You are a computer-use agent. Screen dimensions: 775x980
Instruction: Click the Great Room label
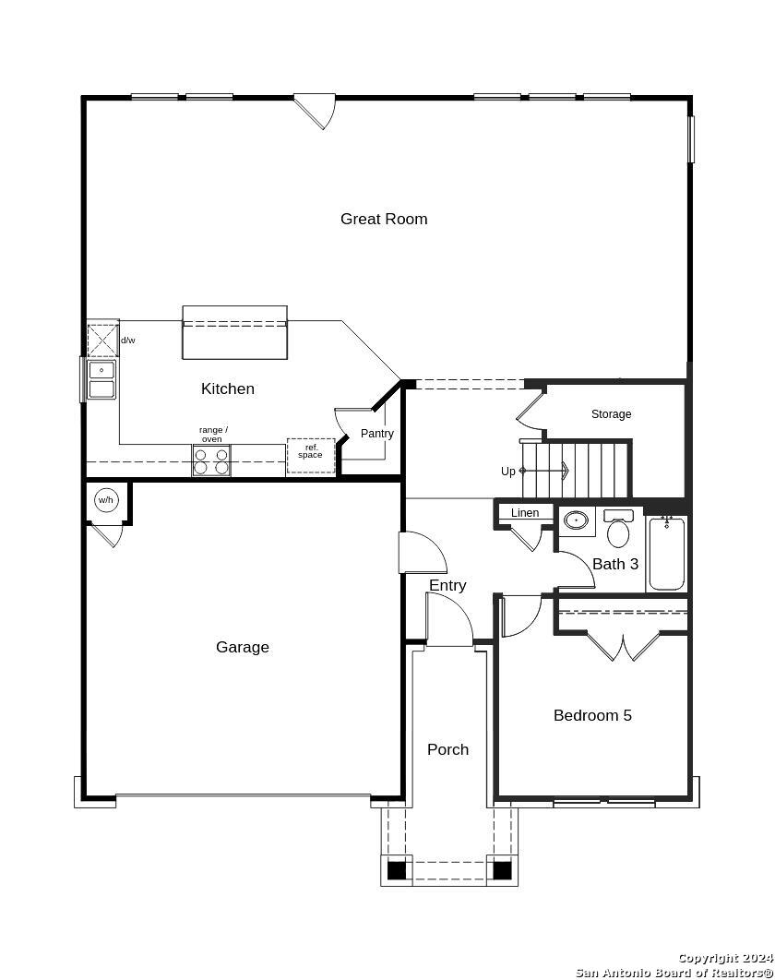[x=384, y=219]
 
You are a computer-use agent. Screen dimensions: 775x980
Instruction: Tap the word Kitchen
[x=228, y=388]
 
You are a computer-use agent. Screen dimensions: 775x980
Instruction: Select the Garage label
[x=243, y=647]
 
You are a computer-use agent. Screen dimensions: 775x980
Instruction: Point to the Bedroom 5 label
[x=592, y=715]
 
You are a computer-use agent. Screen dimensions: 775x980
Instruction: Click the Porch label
[x=448, y=749]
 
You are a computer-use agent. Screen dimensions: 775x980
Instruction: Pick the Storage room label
[x=612, y=413]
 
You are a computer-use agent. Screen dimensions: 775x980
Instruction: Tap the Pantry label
[x=376, y=433]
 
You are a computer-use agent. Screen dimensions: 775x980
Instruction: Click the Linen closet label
[x=525, y=512]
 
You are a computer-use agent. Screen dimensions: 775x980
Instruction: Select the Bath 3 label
[x=615, y=564]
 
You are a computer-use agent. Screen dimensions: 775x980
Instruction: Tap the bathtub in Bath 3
[x=667, y=553]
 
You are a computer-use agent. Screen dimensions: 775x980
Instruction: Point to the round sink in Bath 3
[x=576, y=520]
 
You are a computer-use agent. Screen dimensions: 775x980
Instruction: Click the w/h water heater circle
[x=105, y=500]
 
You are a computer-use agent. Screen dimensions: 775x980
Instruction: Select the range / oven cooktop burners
[x=211, y=460]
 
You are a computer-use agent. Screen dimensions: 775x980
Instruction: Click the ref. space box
[x=311, y=456]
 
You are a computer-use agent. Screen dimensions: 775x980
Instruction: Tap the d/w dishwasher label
[x=128, y=341]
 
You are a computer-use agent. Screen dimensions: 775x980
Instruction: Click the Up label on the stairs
[x=508, y=472]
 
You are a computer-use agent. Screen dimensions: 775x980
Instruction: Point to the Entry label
[x=447, y=586]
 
